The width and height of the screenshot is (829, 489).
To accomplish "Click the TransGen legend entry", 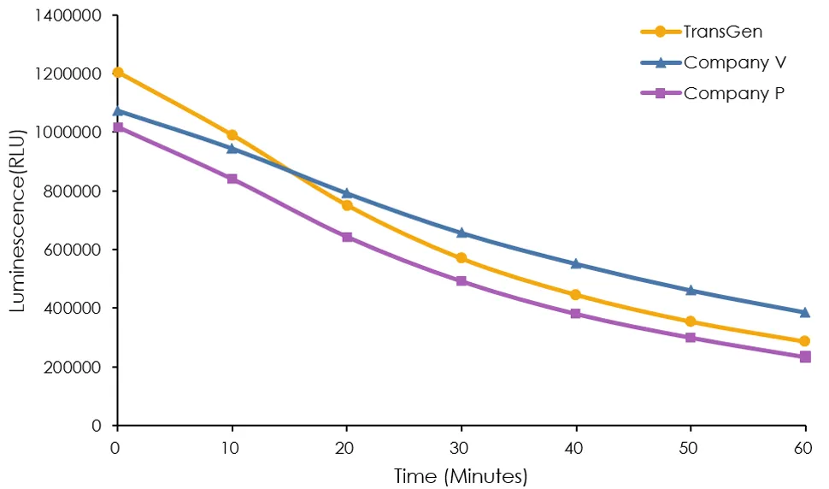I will pyautogui.click(x=723, y=32).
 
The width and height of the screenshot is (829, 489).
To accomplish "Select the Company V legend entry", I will pyautogui.click(x=735, y=62).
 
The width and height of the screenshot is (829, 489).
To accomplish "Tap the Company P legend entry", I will pyautogui.click(x=734, y=93).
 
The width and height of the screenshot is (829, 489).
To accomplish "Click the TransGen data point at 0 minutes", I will pyautogui.click(x=118, y=73).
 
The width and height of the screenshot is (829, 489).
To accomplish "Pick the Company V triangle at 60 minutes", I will pyautogui.click(x=805, y=312).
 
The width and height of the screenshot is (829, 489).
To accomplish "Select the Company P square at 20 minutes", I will pyautogui.click(x=347, y=237).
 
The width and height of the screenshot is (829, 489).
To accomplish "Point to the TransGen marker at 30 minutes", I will pyautogui.click(x=462, y=258).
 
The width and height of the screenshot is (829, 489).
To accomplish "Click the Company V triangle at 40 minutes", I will pyautogui.click(x=576, y=263).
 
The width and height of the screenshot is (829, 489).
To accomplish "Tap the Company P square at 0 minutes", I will pyautogui.click(x=118, y=127).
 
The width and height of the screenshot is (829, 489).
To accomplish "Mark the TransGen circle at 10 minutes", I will pyautogui.click(x=232, y=135).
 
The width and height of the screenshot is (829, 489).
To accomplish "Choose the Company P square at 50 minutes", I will pyautogui.click(x=691, y=338).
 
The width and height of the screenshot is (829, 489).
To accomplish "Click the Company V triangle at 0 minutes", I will pyautogui.click(x=118, y=111).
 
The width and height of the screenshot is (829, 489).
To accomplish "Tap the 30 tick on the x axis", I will pyautogui.click(x=462, y=447).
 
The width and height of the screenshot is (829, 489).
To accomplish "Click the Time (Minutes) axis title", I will pyautogui.click(x=460, y=475).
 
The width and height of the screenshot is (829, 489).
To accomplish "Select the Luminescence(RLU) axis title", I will pyautogui.click(x=18, y=220).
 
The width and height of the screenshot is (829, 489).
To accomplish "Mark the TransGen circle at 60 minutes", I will pyautogui.click(x=805, y=341).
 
